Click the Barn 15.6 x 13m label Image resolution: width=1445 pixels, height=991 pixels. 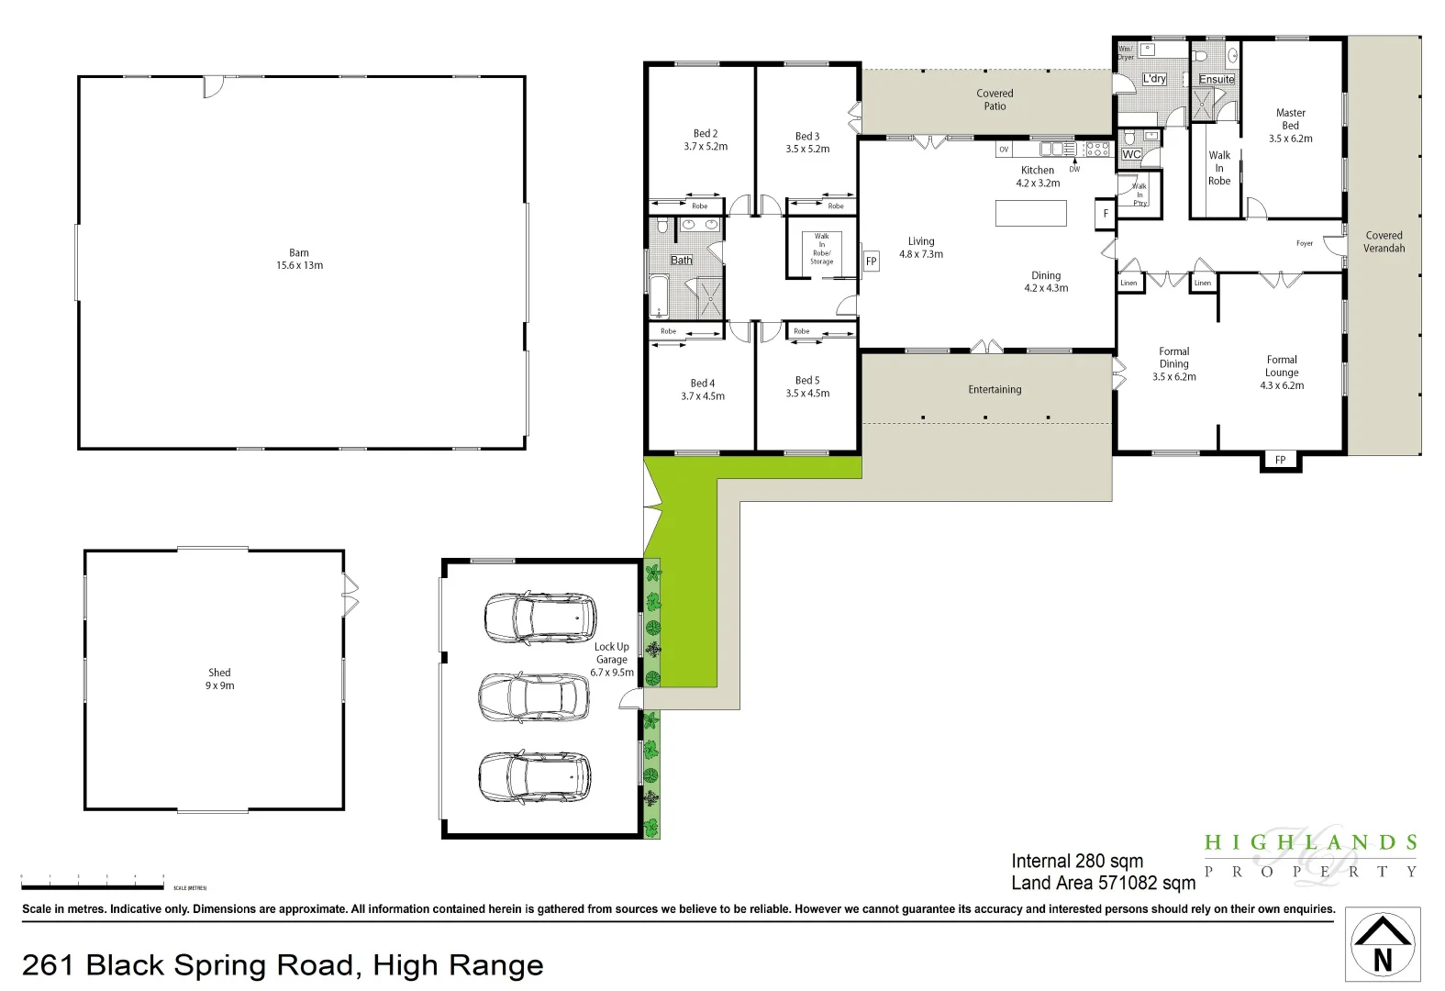click(x=299, y=260)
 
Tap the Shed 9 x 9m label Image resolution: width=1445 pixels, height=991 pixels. click(x=219, y=679)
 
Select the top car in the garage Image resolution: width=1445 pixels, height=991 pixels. click(x=539, y=618)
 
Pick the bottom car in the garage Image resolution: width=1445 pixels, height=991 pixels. click(x=534, y=777)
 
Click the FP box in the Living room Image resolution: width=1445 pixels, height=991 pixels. click(x=871, y=262)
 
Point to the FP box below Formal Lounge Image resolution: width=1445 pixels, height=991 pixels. click(x=1280, y=460)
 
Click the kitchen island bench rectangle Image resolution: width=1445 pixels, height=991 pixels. click(x=1030, y=213)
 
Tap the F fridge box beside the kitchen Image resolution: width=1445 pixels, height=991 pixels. click(x=1106, y=214)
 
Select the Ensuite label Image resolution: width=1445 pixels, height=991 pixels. click(x=1217, y=80)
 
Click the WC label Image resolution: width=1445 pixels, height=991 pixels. click(x=1132, y=154)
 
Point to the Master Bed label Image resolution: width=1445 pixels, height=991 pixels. click(x=1290, y=126)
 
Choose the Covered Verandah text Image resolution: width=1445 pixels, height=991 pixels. click(x=1384, y=242)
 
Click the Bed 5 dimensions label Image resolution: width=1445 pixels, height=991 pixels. click(x=807, y=393)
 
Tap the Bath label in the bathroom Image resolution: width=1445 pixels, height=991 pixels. click(x=681, y=261)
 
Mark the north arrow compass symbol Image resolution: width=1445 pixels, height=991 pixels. click(x=1383, y=945)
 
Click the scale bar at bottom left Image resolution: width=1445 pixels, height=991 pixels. click(x=92, y=886)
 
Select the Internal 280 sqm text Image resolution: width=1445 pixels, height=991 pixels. click(x=1076, y=862)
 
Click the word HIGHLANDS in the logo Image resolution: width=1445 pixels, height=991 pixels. click(x=1310, y=842)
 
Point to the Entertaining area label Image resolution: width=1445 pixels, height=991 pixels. click(x=995, y=390)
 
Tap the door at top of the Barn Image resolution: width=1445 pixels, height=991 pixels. click(x=212, y=87)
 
